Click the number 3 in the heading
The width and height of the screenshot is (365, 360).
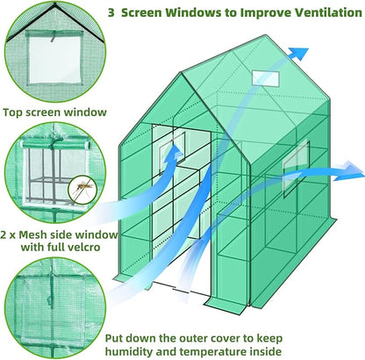pos(111,14)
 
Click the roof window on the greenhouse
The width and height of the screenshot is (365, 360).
pos(262,77)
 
